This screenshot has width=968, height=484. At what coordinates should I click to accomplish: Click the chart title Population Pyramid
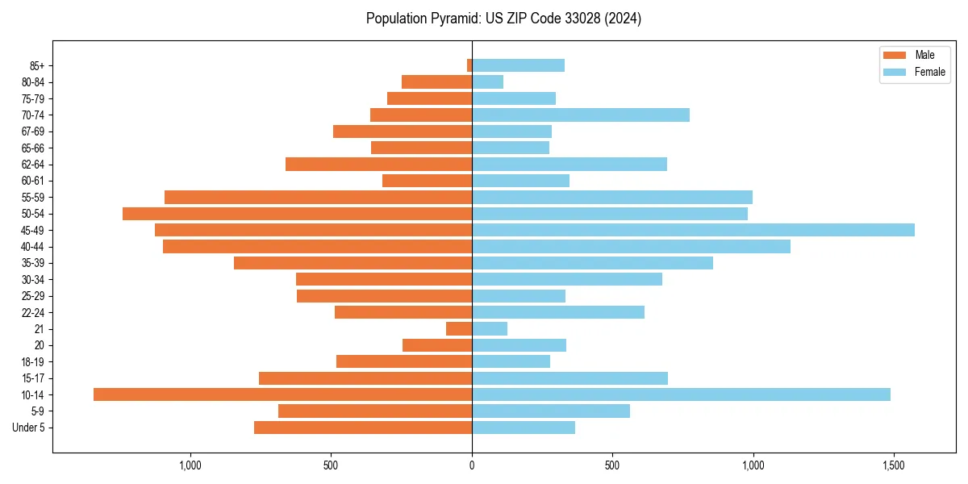pos(503,19)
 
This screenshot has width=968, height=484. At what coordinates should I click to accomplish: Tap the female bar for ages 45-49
pos(693,230)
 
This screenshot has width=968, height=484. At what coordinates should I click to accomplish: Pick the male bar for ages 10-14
pos(282,394)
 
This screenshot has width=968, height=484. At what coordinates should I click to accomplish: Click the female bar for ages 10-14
pos(681,394)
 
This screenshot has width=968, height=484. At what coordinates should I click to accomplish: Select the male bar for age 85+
pos(469,65)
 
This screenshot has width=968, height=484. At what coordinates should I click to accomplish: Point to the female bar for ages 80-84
pos(487,81)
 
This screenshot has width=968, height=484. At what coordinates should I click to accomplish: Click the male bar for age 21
pos(459,328)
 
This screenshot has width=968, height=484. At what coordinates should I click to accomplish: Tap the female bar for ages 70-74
pos(581,115)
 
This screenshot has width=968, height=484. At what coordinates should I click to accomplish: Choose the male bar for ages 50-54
pos(297,214)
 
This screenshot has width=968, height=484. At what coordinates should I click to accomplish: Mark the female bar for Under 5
pos(524,428)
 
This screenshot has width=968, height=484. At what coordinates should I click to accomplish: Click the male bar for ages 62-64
pos(378,164)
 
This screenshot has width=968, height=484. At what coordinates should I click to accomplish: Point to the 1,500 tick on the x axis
pos(894,465)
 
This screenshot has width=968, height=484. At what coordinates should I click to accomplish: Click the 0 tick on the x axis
pos(472,465)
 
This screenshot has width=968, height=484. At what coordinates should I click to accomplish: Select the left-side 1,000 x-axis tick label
pos(190,465)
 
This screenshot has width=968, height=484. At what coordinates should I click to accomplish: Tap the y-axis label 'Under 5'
pos(29,428)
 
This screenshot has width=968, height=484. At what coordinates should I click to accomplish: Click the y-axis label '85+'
pos(36,65)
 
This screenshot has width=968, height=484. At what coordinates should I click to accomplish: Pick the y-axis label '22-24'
pos(33,312)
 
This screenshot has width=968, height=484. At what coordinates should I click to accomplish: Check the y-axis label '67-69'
pos(33,131)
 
